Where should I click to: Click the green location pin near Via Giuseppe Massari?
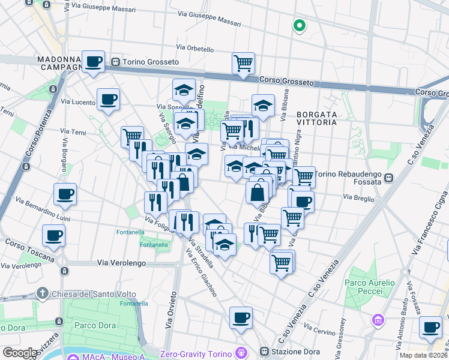(x=299, y=25)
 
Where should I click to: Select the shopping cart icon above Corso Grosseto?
(x=243, y=62)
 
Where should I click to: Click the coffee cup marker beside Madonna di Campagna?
(x=93, y=61)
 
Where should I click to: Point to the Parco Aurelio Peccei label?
(x=370, y=287)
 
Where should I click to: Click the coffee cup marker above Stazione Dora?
(x=241, y=318)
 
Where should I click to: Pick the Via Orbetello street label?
(x=195, y=48)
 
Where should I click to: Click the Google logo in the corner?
(x=20, y=353)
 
